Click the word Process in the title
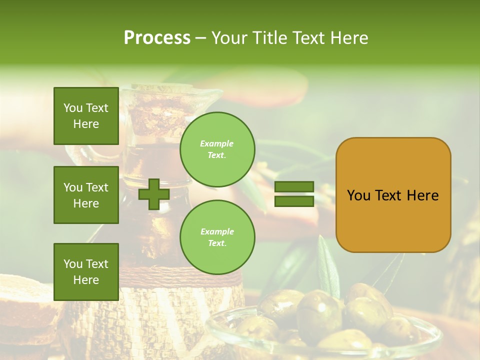click(x=157, y=37)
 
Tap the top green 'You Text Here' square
click(x=86, y=116)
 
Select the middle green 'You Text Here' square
click(x=86, y=195)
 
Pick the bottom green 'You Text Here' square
click(x=86, y=271)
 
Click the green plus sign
click(x=154, y=194)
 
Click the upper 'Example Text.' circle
click(x=217, y=149)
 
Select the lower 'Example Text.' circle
click(x=217, y=237)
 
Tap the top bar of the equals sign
click(x=294, y=186)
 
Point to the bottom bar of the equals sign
click(x=294, y=201)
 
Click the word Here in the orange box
click(x=422, y=195)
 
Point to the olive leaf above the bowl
click(x=328, y=265)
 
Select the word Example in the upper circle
click(x=216, y=143)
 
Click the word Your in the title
click(x=228, y=37)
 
